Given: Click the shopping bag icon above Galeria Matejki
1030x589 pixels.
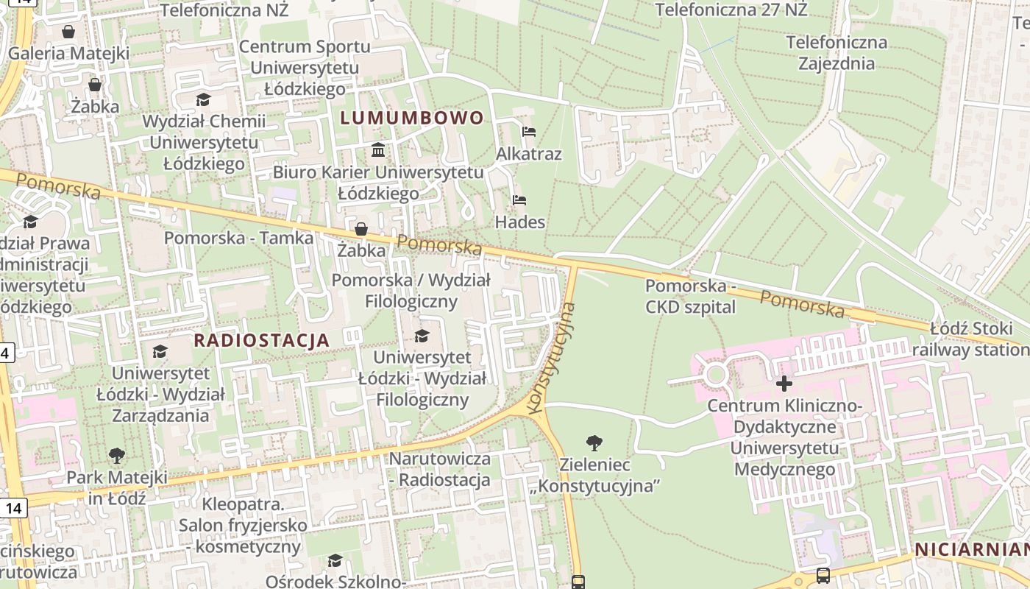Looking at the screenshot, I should pos(68,32).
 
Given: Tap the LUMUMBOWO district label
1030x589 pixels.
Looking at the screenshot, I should pos(411,118).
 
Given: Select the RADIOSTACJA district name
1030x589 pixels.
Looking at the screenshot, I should pos(261,340).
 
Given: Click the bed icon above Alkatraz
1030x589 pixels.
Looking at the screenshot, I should pos(528,133).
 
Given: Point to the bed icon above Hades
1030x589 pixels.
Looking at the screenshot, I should pos(519,200).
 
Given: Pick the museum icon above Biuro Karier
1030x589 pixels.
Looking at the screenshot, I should pos(378,150).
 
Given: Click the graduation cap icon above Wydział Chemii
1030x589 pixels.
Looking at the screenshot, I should pos(203,99).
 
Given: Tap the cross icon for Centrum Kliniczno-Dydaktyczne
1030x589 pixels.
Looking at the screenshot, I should pos(784,384).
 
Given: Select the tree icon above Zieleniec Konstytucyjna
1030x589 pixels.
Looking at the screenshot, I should pos(594,442).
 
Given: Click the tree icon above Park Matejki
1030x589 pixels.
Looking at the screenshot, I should pos(116,456).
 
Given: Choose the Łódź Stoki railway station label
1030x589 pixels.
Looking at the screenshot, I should pos(971,339).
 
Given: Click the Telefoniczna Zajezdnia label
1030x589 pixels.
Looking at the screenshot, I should pos(837,52).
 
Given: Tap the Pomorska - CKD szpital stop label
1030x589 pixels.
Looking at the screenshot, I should pos(690,296).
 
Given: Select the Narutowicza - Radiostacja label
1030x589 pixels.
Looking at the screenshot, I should pos(439,470).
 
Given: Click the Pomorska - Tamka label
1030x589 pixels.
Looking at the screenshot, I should pos(238,238).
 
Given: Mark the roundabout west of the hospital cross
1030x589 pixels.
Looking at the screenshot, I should pos(715,375).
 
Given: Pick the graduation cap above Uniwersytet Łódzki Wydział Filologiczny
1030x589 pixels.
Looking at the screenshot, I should pos(422,336).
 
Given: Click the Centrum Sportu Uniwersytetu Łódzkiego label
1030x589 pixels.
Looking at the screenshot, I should pos(304,68).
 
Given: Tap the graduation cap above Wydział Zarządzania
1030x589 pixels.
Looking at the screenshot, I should pos(160,352).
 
